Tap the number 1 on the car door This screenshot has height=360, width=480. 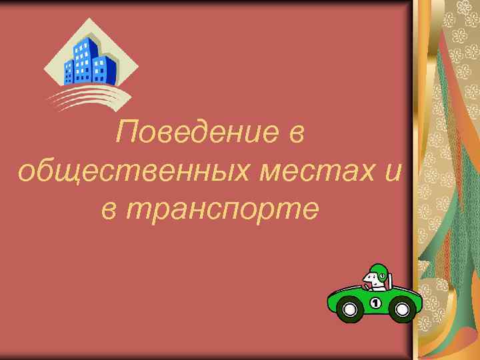375,304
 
